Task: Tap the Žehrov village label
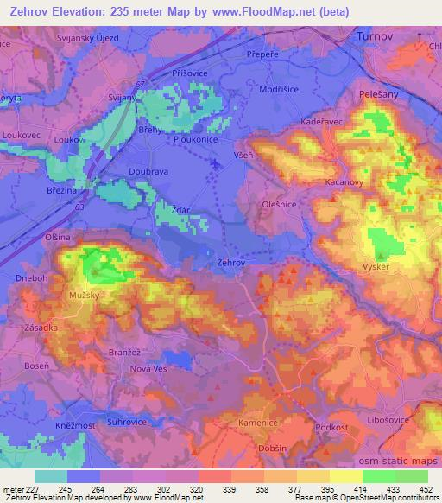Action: pos(230,261)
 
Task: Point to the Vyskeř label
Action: pos(378,265)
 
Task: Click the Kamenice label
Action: pos(259,423)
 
